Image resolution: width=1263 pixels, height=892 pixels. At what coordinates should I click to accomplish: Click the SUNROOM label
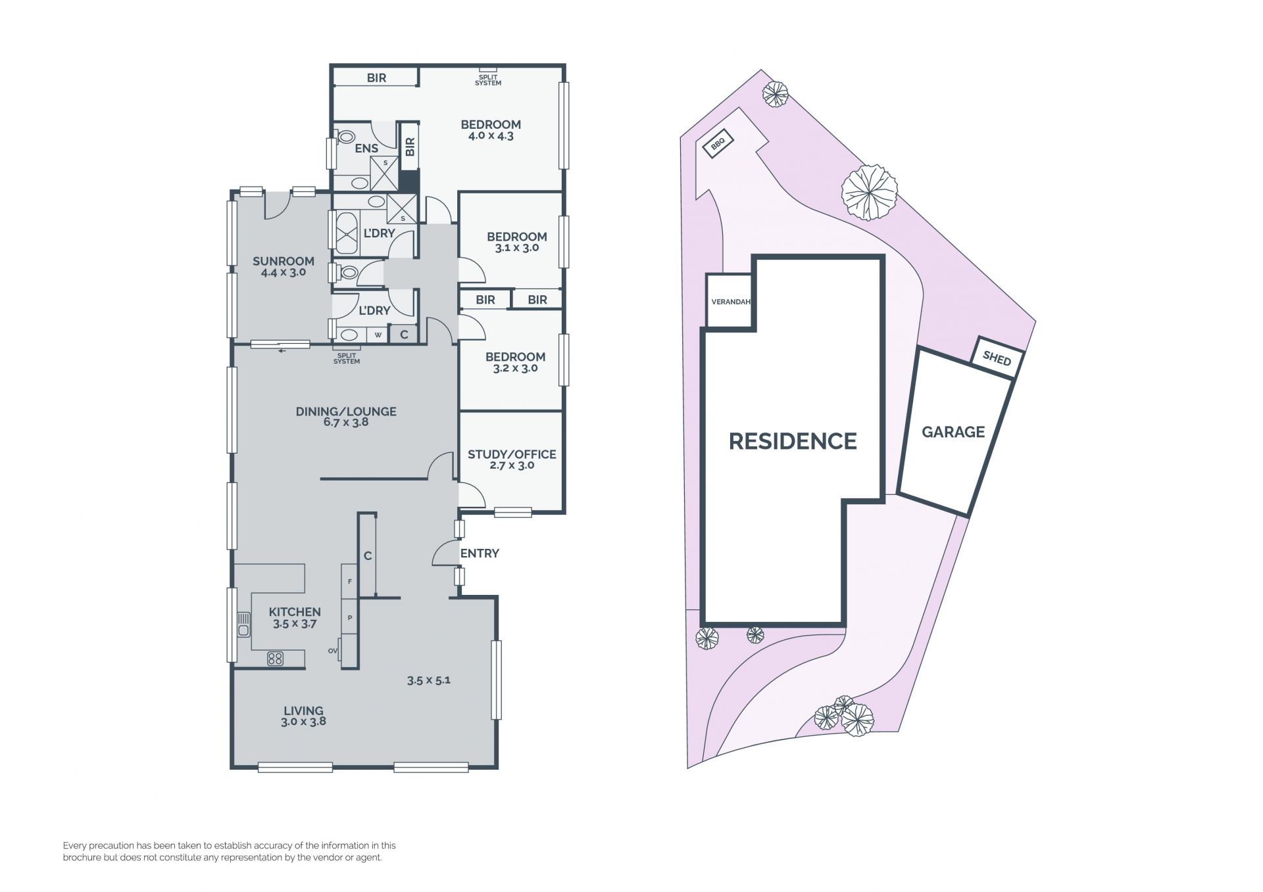(x=284, y=261)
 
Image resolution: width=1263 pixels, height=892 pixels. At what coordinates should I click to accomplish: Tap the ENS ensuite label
(x=366, y=149)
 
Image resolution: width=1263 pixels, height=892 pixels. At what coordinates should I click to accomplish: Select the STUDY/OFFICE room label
(x=512, y=454)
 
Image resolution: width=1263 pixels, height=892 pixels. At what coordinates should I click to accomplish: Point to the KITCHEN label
(x=295, y=612)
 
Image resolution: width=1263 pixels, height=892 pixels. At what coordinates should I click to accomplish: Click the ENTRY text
(x=480, y=553)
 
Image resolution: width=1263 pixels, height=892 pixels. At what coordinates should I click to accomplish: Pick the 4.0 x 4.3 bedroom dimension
(x=491, y=136)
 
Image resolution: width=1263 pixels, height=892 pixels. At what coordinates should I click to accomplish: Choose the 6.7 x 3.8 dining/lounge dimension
(x=346, y=423)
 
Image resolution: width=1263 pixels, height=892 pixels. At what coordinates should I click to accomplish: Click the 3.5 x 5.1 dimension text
(x=428, y=680)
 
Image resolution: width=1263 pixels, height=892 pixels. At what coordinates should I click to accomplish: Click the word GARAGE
(x=953, y=432)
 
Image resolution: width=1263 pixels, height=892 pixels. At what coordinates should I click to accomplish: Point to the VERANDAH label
(x=731, y=302)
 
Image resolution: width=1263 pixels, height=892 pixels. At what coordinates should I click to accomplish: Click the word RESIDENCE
(x=793, y=441)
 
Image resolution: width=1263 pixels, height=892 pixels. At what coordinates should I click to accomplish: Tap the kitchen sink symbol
(x=244, y=624)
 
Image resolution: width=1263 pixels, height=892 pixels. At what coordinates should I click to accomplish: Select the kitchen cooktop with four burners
(x=275, y=658)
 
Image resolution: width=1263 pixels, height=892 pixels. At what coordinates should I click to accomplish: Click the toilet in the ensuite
(x=345, y=137)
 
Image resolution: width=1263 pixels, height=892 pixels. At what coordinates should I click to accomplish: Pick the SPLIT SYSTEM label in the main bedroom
(x=488, y=80)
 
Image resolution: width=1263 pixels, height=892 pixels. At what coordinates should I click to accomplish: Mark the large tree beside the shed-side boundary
(x=869, y=193)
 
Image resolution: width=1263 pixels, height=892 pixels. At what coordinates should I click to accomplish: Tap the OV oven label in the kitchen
(x=333, y=651)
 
